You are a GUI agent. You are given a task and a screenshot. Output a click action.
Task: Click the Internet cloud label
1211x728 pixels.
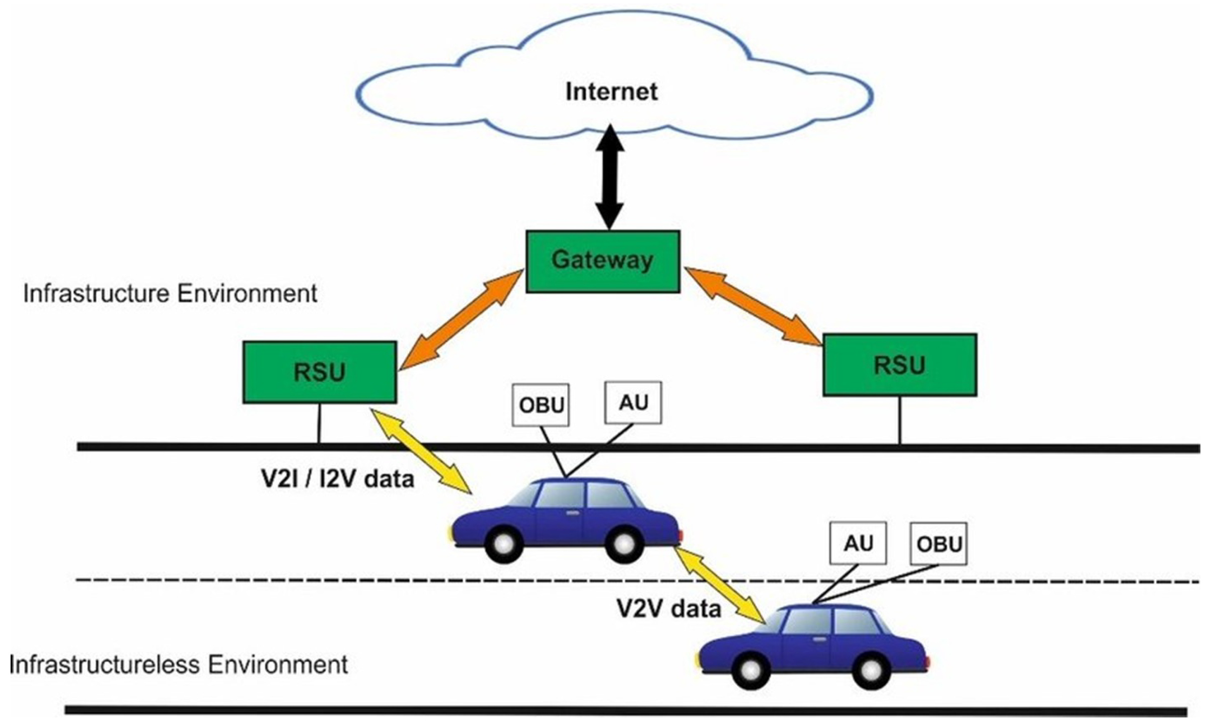[x=611, y=92]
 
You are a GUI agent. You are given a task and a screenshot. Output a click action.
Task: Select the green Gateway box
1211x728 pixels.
[x=602, y=262]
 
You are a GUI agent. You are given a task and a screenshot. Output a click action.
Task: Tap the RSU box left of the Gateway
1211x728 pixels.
[x=320, y=372]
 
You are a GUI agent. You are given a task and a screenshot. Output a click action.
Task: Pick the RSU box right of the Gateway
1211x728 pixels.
[x=899, y=365]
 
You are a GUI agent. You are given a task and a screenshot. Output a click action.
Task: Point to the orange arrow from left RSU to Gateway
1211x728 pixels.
[x=461, y=320]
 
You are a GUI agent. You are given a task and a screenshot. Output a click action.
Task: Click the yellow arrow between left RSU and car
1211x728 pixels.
[x=422, y=451]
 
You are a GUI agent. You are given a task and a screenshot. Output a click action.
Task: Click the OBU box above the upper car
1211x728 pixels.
[x=541, y=405]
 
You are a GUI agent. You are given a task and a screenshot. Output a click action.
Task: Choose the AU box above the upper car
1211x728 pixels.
[x=633, y=402]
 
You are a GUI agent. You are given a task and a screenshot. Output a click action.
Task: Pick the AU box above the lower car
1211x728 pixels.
[x=858, y=543]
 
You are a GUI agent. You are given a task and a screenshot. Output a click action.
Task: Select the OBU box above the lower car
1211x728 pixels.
[x=938, y=544]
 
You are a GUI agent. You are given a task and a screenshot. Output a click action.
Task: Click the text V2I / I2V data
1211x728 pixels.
[x=338, y=479]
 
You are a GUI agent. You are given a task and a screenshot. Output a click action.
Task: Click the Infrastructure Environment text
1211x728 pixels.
[x=170, y=294]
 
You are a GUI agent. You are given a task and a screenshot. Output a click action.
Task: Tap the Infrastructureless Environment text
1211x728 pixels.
[x=179, y=665]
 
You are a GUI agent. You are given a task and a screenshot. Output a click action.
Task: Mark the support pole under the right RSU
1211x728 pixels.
[x=899, y=420]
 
